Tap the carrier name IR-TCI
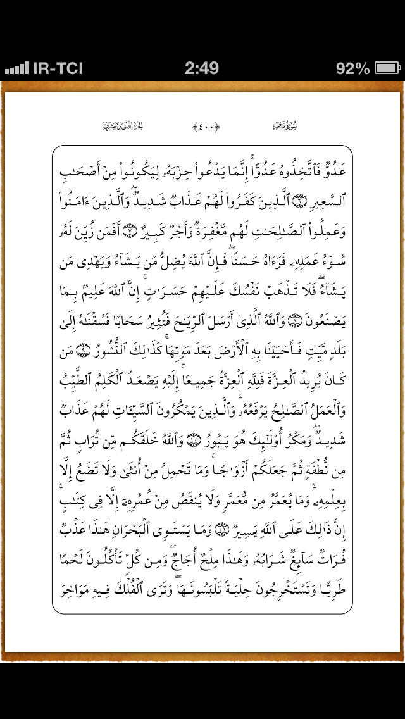pyautogui.click(x=58, y=68)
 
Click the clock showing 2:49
pyautogui.click(x=202, y=68)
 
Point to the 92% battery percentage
pyautogui.click(x=352, y=68)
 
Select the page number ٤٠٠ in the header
pyautogui.click(x=206, y=126)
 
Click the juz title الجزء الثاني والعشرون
pyautogui.click(x=123, y=126)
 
